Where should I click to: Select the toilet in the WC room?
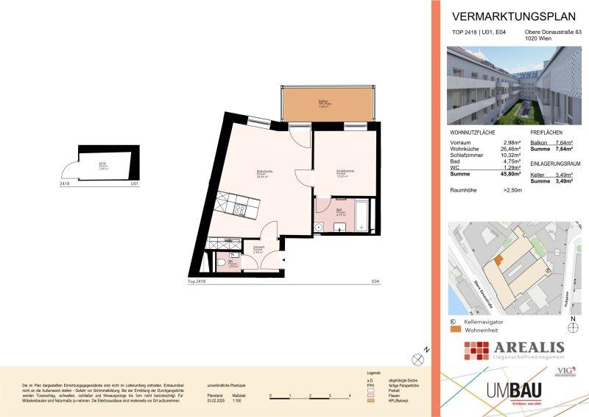[x=222, y=262]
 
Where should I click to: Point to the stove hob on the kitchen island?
[x=240, y=208]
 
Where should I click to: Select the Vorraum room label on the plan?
[x=258, y=248]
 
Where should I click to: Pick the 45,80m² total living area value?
[x=510, y=175]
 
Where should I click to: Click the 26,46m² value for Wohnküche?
[x=510, y=149]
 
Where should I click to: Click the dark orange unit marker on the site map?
[x=498, y=259]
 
